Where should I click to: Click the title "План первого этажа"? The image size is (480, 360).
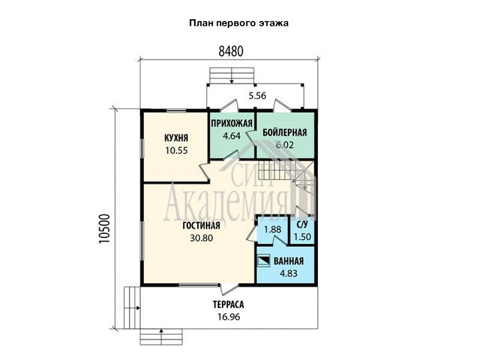[x=239, y=23]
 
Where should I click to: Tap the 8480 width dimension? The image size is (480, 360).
[x=231, y=52]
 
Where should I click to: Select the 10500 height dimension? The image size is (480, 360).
[x=104, y=229]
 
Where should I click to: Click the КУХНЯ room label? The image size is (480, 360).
[x=176, y=138]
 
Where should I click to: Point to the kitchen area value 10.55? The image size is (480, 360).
[x=176, y=151]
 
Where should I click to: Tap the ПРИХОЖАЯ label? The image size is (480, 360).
[x=232, y=124]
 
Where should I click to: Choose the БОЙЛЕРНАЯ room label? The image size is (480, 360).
[x=284, y=133]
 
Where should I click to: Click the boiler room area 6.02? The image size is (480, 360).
[x=284, y=145]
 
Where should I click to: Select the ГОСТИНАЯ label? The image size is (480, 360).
[x=201, y=226]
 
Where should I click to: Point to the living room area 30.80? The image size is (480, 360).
[x=201, y=238]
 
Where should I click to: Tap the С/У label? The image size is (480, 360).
[x=302, y=224]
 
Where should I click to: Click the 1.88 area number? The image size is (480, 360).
[x=272, y=229]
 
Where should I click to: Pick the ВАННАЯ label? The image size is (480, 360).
[x=289, y=261]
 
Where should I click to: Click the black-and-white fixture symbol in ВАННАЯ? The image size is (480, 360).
[x=263, y=261]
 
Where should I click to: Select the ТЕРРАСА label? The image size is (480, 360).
[x=229, y=305]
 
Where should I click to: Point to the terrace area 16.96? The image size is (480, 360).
[x=229, y=317]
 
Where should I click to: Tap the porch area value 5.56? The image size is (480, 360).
[x=257, y=96]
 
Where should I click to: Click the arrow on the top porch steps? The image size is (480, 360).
[x=232, y=76]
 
